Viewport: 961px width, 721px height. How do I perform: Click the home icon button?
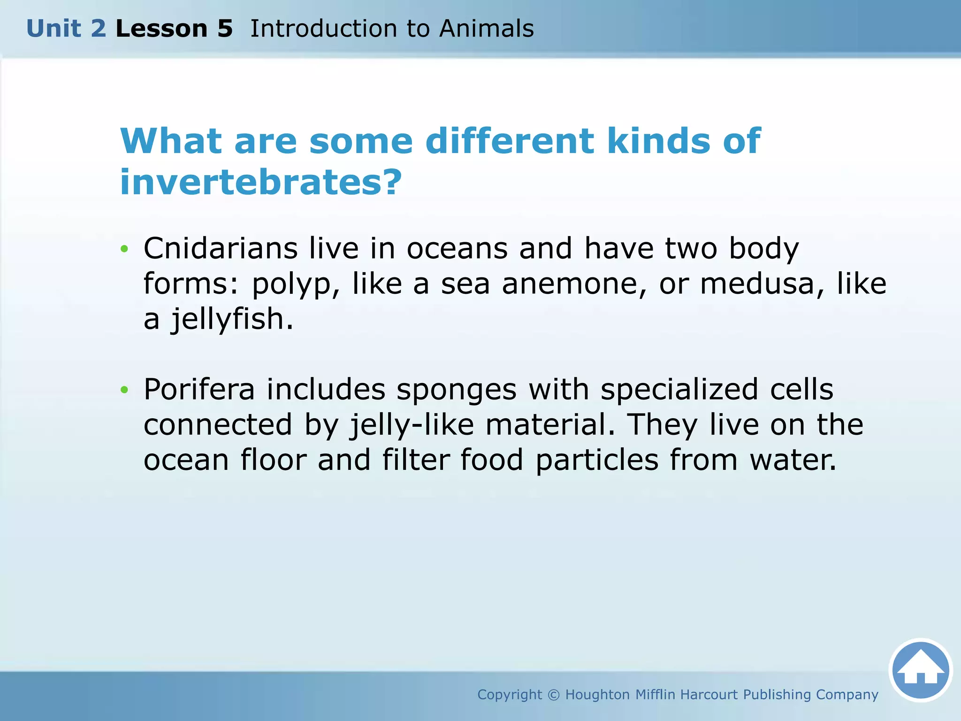point(920,670)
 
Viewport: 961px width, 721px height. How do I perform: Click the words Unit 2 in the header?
point(66,29)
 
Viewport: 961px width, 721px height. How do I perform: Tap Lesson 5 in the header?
point(174,29)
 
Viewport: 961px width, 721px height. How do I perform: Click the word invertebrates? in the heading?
point(261,182)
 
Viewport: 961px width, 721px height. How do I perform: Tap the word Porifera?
point(199,389)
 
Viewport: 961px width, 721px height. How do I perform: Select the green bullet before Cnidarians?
point(124,249)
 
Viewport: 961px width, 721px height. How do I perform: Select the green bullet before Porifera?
point(124,390)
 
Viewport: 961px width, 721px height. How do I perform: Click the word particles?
point(597,460)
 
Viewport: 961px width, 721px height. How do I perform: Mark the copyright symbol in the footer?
point(554,695)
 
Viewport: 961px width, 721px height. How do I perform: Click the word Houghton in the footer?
point(597,695)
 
